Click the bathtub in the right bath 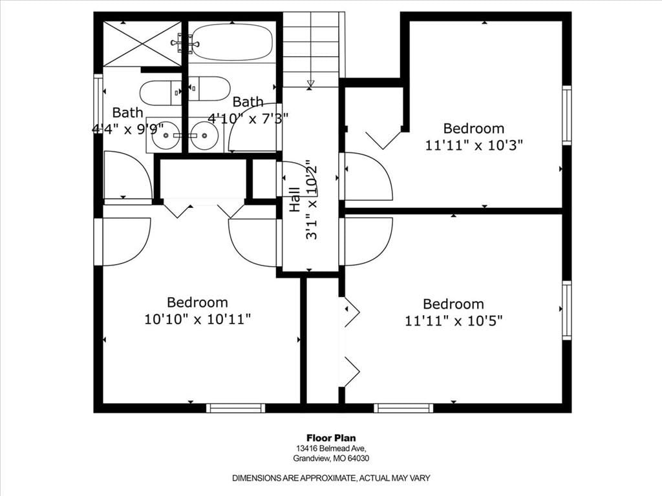tap(231, 42)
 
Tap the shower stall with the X tap(142, 44)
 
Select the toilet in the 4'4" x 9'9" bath tap(160, 93)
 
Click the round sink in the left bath tap(165, 136)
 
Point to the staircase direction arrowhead tap(311, 83)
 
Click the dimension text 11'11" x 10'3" tap(474, 145)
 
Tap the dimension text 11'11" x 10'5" tap(454, 321)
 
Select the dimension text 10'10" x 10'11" tap(198, 319)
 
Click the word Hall tap(294, 200)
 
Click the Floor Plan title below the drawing tap(331, 439)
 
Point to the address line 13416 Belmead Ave tap(331, 448)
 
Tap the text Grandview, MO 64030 tap(331, 459)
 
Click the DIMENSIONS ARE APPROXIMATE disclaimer tap(331, 479)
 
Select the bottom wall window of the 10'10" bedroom tap(235, 408)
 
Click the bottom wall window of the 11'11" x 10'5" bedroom tap(403, 408)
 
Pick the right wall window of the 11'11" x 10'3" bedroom tap(566, 115)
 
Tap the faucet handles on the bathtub tap(184, 43)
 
